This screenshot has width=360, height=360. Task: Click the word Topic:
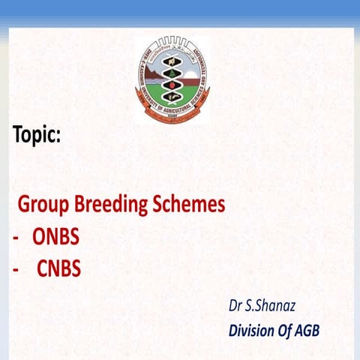pos(37,135)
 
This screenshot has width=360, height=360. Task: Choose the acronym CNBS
pos(58,268)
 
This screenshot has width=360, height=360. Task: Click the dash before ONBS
pos(16,238)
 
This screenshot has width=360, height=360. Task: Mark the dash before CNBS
pos(16,269)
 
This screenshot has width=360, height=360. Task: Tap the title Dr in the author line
pos(235,305)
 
